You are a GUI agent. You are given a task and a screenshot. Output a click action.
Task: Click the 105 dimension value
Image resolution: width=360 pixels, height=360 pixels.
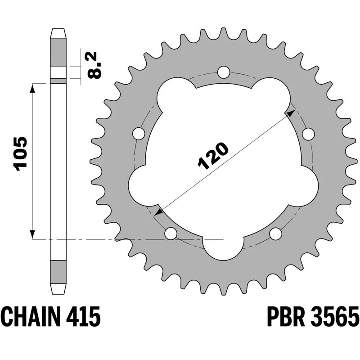[21, 153]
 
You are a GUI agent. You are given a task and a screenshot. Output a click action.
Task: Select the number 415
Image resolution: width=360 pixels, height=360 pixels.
[85, 317]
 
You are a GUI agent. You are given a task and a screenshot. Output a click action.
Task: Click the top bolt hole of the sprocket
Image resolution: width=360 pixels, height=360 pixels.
[224, 72]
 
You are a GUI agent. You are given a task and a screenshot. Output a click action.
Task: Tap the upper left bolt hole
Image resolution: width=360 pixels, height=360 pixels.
[139, 134]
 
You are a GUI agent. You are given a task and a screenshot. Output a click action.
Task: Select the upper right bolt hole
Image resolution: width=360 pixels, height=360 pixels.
[308, 134]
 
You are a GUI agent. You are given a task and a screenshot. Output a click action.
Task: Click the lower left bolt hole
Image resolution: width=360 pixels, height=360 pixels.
[171, 234]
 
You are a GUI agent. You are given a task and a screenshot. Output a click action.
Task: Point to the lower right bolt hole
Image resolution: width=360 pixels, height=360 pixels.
[275, 234]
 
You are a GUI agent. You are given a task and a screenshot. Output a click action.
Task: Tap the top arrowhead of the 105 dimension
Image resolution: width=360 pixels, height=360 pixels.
[32, 87]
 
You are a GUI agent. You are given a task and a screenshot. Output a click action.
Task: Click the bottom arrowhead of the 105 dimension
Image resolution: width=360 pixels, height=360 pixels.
[32, 235]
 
